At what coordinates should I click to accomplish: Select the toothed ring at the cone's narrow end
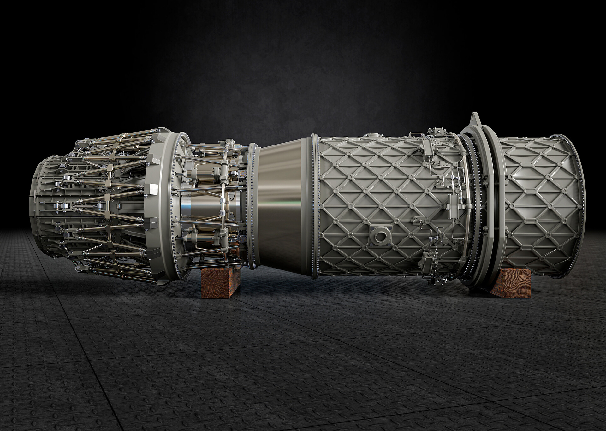point(252,207)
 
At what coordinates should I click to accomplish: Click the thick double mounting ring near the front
point(488,205)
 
